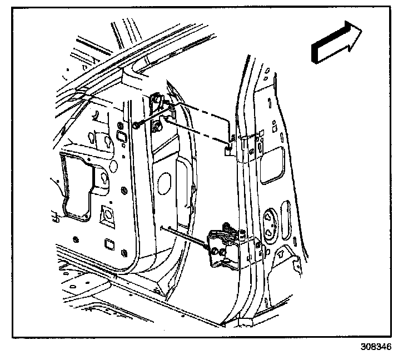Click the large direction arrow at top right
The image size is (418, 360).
(336, 42)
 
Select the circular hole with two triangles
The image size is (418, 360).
(272, 220)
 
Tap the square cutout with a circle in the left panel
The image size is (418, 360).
(106, 214)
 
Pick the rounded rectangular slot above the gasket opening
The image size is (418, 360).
(118, 137)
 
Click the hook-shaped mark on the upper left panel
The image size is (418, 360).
(95, 115)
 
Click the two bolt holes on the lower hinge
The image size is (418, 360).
(217, 251)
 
